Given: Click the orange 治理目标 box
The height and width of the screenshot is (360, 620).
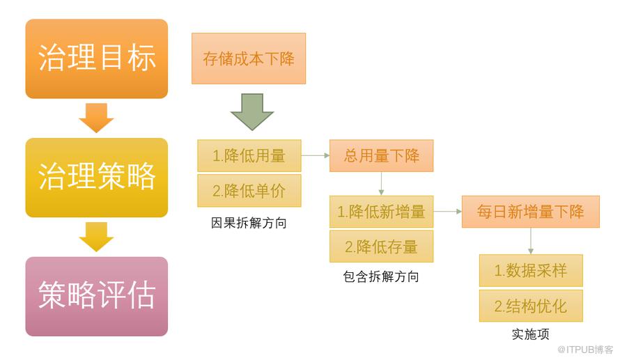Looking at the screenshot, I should pos(97,58).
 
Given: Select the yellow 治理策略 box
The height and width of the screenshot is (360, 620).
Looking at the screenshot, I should pos(97,178).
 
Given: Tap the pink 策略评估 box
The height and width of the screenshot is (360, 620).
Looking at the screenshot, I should pos(97,296).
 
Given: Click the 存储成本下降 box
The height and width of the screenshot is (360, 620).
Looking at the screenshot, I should pos(249,58).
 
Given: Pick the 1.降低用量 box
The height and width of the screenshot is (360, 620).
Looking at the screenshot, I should pos(249,156).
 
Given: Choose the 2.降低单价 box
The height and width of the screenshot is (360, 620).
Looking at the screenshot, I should pos(249,191).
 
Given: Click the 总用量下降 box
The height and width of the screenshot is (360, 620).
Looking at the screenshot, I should pos(381,156).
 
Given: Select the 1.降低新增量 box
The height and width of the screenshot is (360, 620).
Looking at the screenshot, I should pos(381,212).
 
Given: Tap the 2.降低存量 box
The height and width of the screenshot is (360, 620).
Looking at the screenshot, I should pos(381,246).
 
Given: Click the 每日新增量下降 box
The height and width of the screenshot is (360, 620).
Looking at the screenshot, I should pos(530,212).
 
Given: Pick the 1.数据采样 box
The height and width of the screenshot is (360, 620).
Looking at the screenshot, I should pos(531,271).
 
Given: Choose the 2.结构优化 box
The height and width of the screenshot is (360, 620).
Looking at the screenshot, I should pos(531,306).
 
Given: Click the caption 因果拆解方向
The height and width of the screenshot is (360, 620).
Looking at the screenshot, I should pos(249,224).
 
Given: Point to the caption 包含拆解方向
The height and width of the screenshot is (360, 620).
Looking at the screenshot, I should pos(381,277).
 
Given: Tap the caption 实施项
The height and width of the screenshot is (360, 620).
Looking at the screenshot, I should pos(531,335).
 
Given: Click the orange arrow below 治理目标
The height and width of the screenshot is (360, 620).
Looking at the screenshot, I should pos(96,118).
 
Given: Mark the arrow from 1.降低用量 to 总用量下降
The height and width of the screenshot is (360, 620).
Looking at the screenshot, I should pos(315,156).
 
